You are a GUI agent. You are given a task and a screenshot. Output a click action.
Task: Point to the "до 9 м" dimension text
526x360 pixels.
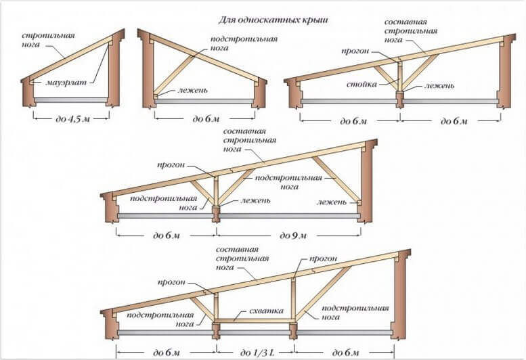point(293,235)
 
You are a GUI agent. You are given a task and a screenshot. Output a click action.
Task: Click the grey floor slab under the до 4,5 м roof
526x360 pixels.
point(72,99)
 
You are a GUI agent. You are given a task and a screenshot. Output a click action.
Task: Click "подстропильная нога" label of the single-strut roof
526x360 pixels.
point(234,45)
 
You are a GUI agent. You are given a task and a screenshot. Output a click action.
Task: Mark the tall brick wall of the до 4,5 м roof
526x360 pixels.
point(114,71)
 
